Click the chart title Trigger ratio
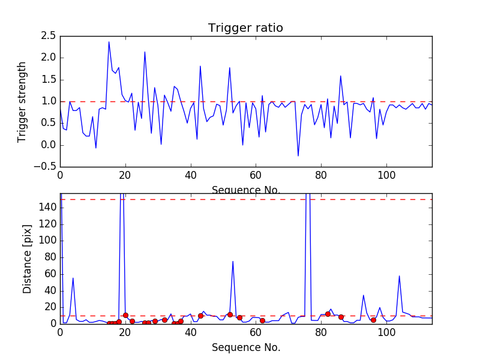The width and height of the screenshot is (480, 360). pyautogui.click(x=245, y=28)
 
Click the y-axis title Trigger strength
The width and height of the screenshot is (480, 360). pyautogui.click(x=22, y=101)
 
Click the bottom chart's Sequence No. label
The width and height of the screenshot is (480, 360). pyautogui.click(x=245, y=347)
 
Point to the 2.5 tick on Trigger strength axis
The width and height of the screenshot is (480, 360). pyautogui.click(x=48, y=36)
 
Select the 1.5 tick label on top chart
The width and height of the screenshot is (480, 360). pyautogui.click(x=48, y=80)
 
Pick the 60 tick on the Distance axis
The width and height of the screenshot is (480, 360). pyautogui.click(x=50, y=274)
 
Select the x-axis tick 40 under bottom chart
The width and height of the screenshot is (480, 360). pyautogui.click(x=190, y=332)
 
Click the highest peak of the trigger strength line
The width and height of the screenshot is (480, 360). pyautogui.click(x=109, y=41)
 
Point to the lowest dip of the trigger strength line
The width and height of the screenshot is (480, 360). pyautogui.click(x=298, y=156)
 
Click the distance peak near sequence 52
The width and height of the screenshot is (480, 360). pyautogui.click(x=233, y=261)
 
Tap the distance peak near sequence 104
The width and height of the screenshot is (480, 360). pyautogui.click(x=399, y=276)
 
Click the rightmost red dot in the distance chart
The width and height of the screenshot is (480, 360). pyautogui.click(x=373, y=320)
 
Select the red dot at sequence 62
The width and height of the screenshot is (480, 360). pyautogui.click(x=262, y=320)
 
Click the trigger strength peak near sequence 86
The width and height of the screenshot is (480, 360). pyautogui.click(x=340, y=76)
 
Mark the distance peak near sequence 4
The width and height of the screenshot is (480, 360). pyautogui.click(x=73, y=278)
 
